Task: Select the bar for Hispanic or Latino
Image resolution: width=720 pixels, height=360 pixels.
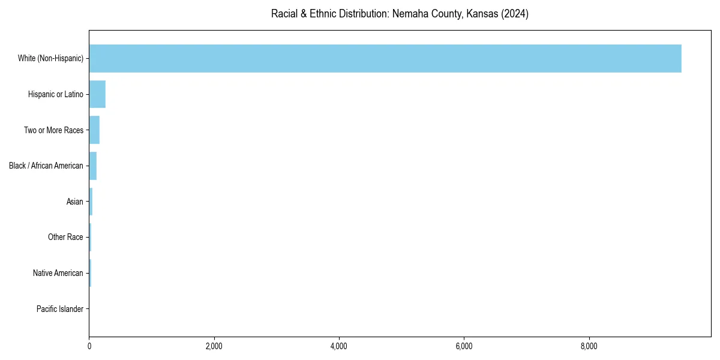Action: [x=97, y=94]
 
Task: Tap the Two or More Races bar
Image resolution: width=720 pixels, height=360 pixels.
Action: [x=94, y=130]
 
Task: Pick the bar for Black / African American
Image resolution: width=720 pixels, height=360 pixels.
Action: [x=93, y=166]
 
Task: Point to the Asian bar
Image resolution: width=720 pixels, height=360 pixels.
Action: [x=91, y=202]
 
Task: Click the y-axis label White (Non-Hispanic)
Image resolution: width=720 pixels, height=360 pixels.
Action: [x=50, y=58]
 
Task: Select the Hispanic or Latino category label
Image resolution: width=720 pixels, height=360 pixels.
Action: [x=55, y=94]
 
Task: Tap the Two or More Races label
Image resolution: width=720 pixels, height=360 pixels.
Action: [x=53, y=130]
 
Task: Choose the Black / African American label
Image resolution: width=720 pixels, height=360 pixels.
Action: [x=46, y=166]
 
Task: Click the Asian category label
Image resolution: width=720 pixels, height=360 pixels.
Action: [x=74, y=202]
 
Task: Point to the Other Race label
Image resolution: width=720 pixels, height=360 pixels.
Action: [x=65, y=238]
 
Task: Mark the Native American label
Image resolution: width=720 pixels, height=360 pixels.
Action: [x=58, y=273]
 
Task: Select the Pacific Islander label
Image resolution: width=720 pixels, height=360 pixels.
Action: [x=59, y=309]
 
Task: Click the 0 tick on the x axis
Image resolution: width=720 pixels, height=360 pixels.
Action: [x=89, y=346]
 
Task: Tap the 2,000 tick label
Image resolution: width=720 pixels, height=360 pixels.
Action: [x=214, y=346]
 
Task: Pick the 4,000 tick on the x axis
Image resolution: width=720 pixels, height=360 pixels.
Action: [x=339, y=346]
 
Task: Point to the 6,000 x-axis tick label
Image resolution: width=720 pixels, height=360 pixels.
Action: [x=464, y=346]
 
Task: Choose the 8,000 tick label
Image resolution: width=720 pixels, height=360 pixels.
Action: [x=589, y=346]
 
